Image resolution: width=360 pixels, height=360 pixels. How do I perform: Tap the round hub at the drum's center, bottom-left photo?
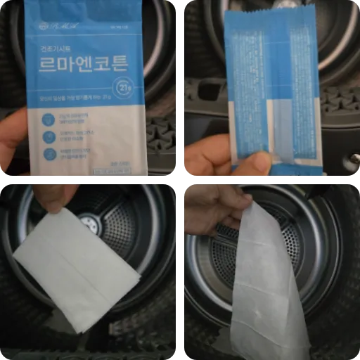pos(90,223)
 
